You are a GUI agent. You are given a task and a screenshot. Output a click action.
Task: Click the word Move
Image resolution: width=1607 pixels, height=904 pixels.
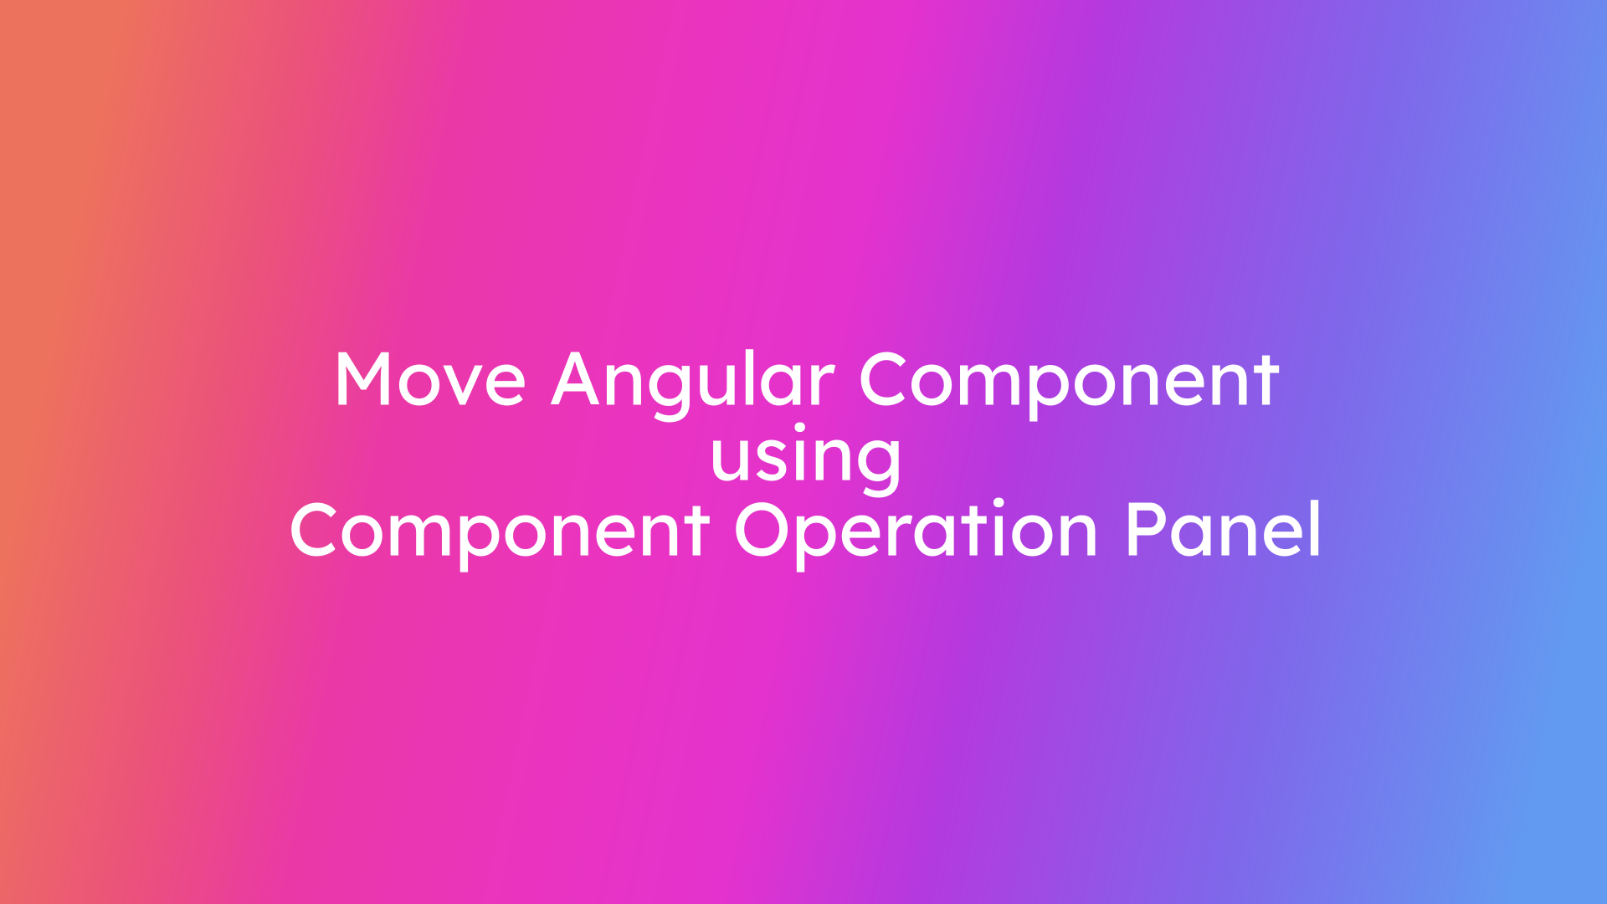(429, 381)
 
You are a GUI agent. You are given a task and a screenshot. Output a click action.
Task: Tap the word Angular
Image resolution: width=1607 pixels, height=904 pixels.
(693, 381)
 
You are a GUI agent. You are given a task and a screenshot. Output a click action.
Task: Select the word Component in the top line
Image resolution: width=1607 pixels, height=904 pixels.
(1069, 381)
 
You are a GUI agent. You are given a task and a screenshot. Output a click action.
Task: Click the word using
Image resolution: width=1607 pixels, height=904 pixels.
(805, 456)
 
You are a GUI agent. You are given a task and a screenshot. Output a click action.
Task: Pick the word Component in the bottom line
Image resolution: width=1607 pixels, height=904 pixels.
(500, 531)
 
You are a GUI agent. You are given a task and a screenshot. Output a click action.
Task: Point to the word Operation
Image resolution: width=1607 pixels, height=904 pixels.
(916, 531)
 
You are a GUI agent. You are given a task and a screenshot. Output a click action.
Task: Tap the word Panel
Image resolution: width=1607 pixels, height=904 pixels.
(1223, 531)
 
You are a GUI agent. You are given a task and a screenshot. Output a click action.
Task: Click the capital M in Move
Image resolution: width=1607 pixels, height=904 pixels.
(365, 381)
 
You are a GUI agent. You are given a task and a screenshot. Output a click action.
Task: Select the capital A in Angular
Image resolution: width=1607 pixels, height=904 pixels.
(579, 381)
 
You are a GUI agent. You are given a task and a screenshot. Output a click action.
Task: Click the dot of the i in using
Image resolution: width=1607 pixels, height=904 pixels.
(799, 429)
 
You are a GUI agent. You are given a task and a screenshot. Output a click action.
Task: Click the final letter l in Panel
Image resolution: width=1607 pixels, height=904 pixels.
(1315, 527)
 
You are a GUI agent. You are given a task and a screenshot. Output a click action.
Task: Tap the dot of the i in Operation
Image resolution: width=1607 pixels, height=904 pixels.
(998, 503)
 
